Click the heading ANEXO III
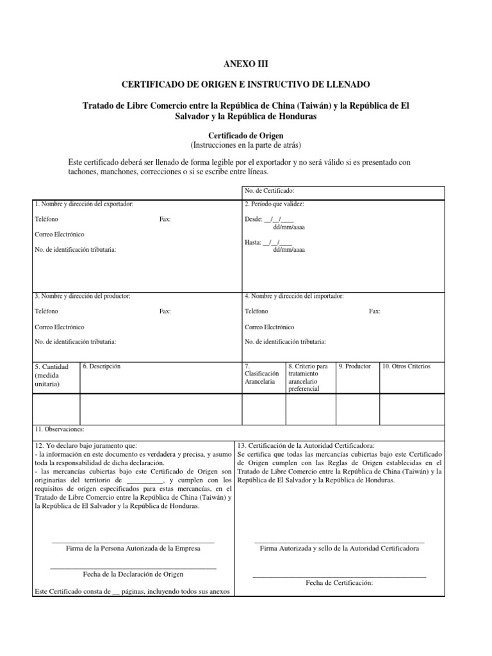[245, 64]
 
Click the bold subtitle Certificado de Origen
[245, 136]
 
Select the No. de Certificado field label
[269, 191]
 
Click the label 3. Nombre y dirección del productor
[83, 296]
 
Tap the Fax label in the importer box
[375, 311]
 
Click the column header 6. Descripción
[102, 366]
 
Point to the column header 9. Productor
[355, 366]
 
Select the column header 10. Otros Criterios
[407, 366]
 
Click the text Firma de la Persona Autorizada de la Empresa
[133, 548]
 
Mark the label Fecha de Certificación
[340, 583]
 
